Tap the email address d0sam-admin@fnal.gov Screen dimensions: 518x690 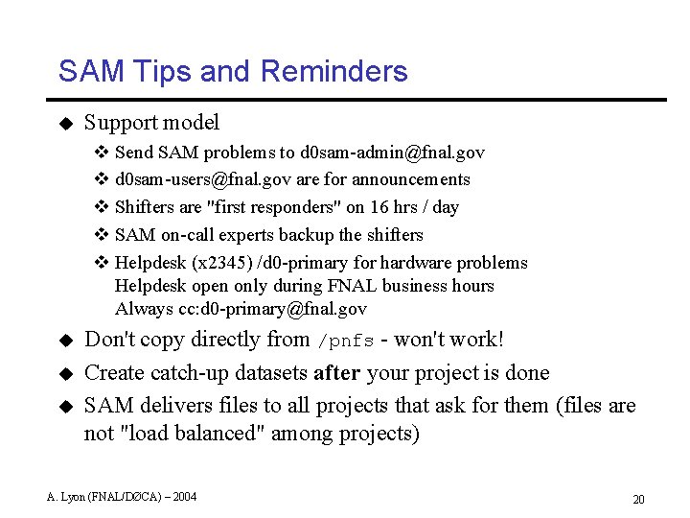click(x=392, y=153)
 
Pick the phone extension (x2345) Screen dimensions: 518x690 click(x=222, y=263)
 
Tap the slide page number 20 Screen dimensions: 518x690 click(x=638, y=499)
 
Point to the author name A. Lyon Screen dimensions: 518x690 click(x=67, y=496)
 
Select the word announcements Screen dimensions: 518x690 click(x=411, y=179)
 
